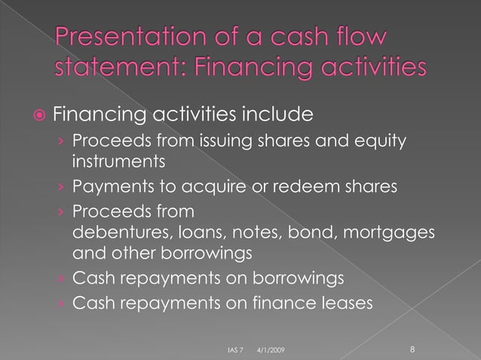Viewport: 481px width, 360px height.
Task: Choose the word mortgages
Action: coord(391,233)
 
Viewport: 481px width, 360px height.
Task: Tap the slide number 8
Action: coord(412,349)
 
